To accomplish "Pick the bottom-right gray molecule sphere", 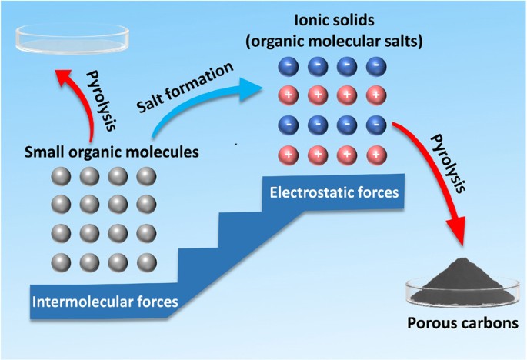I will pyautogui.click(x=145, y=260).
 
